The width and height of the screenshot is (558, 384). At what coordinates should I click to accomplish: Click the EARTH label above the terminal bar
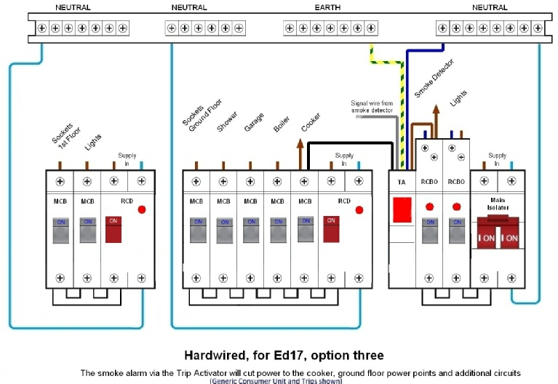coord(327,7)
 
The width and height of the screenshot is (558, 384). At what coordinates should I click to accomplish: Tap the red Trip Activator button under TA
coord(402,210)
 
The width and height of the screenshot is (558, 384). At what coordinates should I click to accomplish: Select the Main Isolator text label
coord(498,204)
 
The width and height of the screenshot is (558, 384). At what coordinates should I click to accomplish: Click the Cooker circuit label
coord(311,122)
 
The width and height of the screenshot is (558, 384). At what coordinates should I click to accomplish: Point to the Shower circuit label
coord(227,121)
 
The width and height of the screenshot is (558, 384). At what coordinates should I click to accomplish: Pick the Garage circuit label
coord(254,122)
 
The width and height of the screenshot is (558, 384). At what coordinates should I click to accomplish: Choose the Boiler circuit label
coord(282,124)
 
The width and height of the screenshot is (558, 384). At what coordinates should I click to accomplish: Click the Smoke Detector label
coord(434,79)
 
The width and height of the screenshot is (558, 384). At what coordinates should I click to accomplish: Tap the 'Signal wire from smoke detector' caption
coord(372,106)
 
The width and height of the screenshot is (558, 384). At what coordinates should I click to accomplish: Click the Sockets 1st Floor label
coord(66,136)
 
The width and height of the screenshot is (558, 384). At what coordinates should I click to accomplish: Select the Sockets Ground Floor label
coord(202,115)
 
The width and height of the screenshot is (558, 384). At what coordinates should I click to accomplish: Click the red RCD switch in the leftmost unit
coord(113,230)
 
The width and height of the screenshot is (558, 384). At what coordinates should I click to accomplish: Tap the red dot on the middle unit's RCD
coord(359,210)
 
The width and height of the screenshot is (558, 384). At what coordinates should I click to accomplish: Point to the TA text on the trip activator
coord(402,183)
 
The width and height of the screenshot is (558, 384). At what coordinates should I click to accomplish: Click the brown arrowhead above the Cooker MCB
coord(300,143)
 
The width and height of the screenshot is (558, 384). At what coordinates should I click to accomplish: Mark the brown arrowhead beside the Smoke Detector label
coord(436,109)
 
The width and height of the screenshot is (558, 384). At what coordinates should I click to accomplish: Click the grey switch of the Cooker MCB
coord(306,230)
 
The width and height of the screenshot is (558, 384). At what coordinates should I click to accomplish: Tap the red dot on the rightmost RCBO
coord(457,207)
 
